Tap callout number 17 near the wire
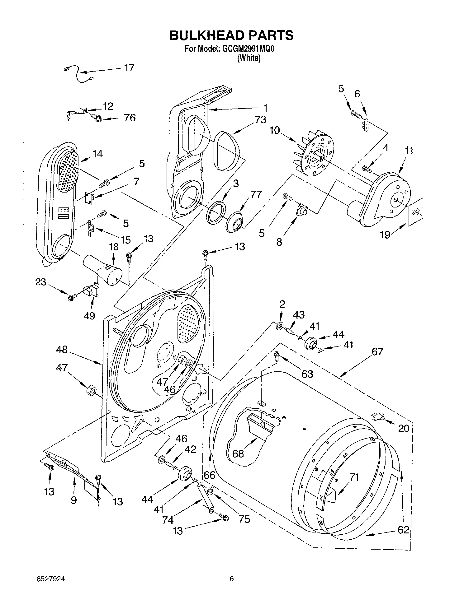coord(129,67)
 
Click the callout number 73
coord(260,119)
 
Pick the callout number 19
coord(385,234)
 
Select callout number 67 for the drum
coord(377,352)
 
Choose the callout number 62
coord(403,530)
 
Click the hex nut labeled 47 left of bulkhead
coord(91,390)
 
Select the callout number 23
coord(40,282)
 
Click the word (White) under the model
coord(249,58)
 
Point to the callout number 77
coord(256,194)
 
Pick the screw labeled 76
coord(97,118)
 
